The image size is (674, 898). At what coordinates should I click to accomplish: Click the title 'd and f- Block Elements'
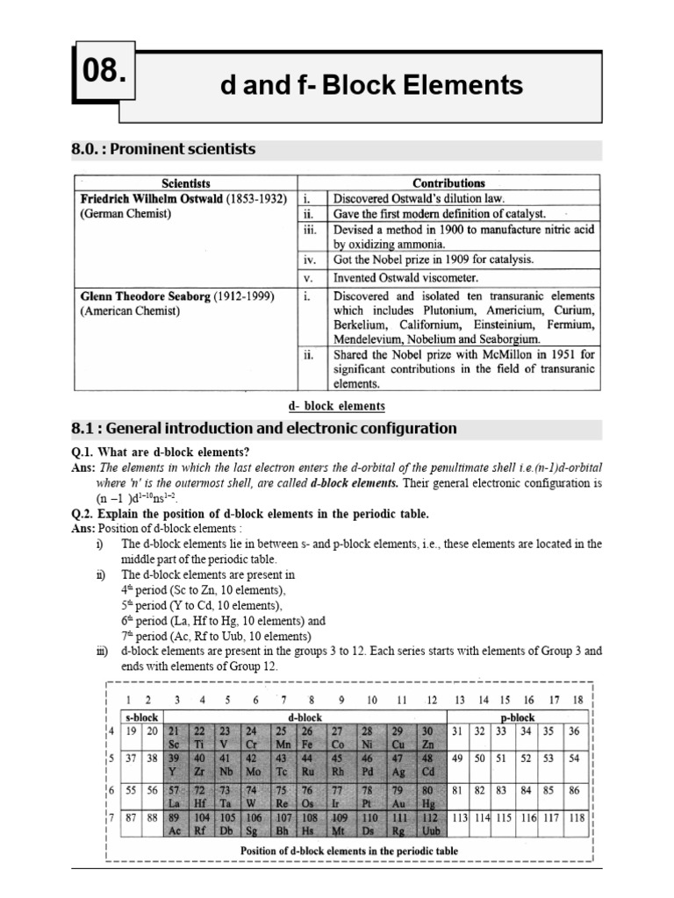371,85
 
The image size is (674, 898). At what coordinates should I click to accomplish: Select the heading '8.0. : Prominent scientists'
163,149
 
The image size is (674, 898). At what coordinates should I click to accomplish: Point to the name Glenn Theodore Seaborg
145,296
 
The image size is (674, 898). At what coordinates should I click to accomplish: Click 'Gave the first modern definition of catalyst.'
439,213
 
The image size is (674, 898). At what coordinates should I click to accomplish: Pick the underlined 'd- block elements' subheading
336,406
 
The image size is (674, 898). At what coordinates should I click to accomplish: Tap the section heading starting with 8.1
263,429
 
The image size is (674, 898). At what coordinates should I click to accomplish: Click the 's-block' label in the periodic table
140,716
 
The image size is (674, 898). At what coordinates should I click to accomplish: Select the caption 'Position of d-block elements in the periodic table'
348,850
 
